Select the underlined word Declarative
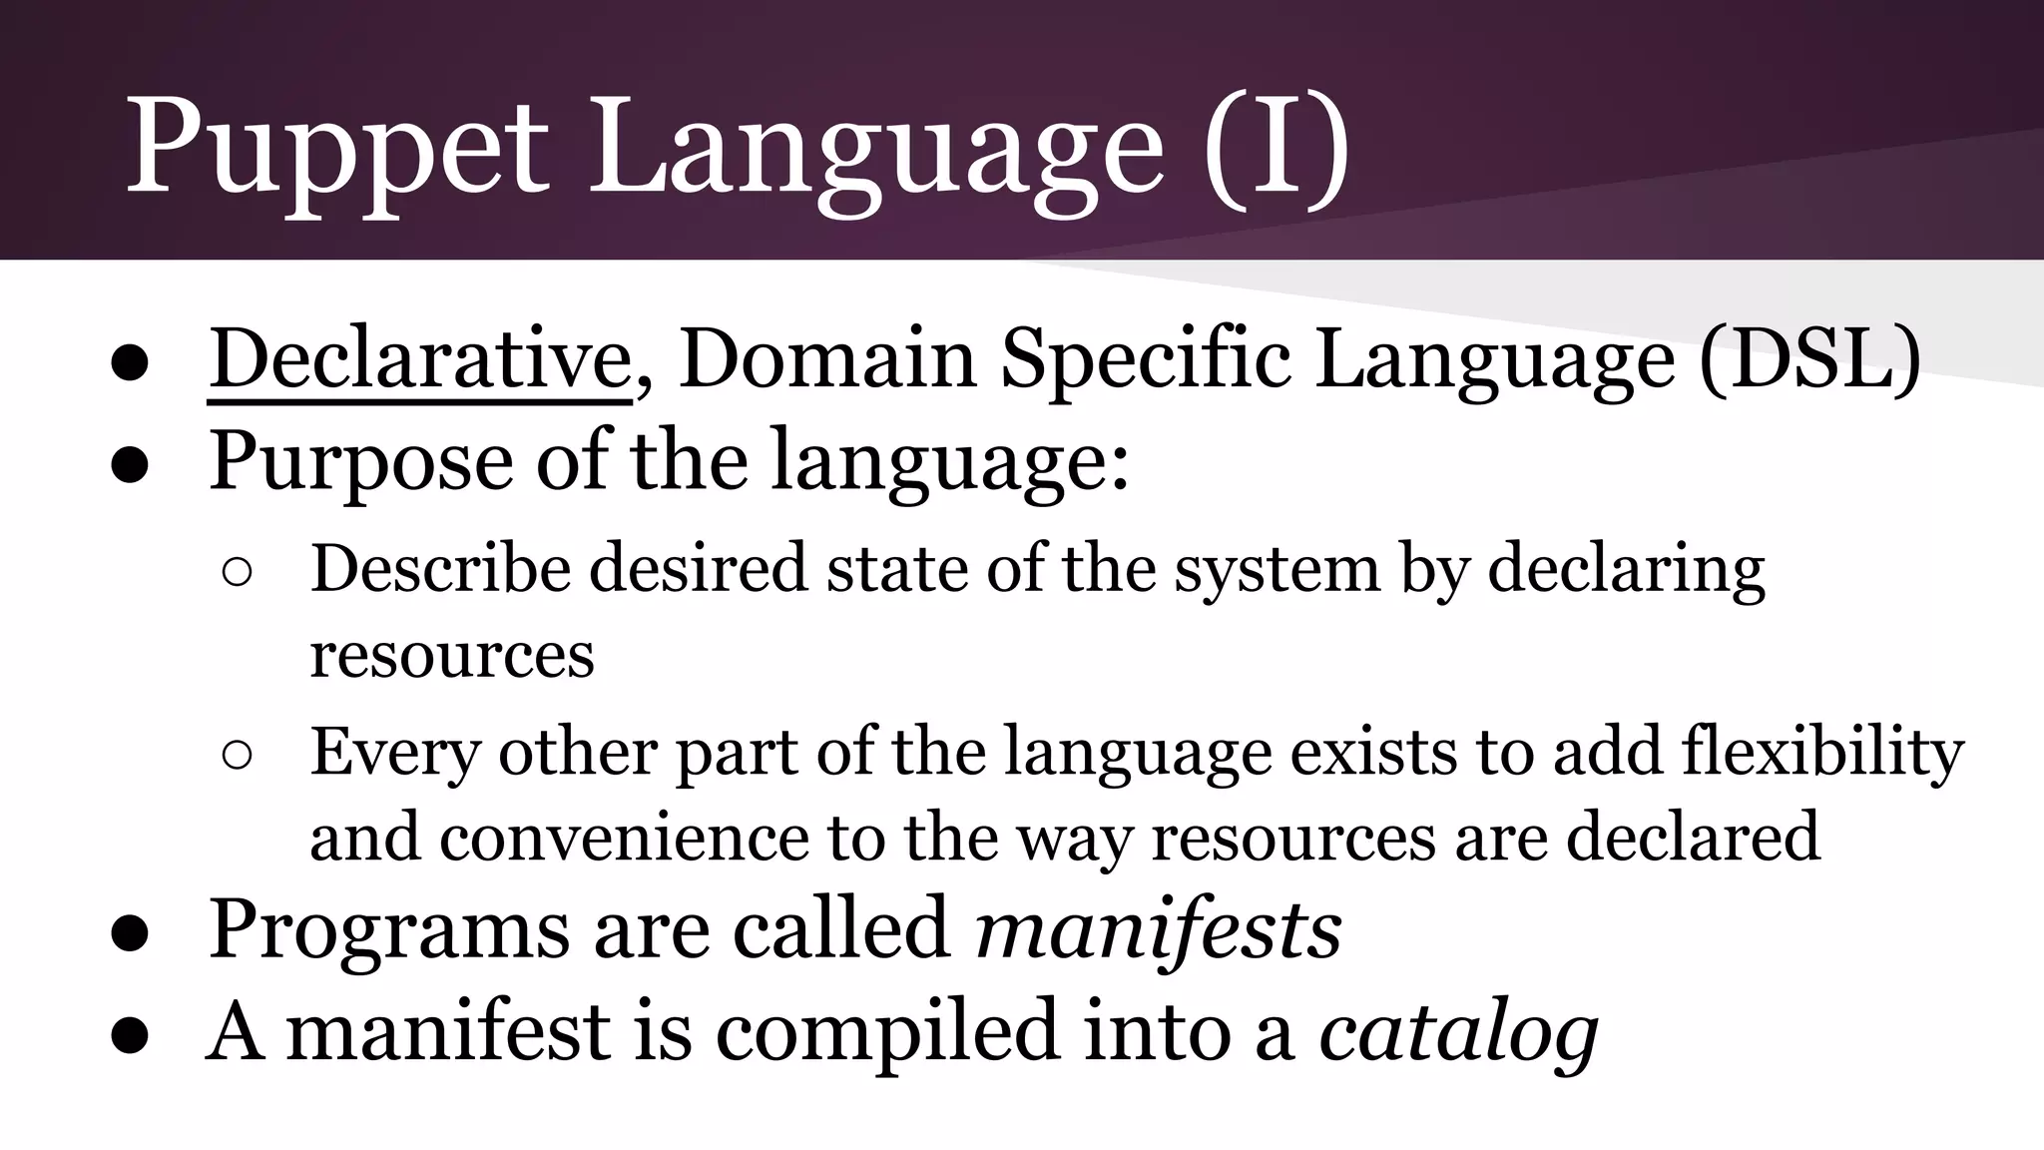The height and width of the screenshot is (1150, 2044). (x=419, y=359)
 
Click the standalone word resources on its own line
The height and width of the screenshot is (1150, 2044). (x=451, y=657)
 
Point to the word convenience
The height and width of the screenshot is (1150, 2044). (x=623, y=838)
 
